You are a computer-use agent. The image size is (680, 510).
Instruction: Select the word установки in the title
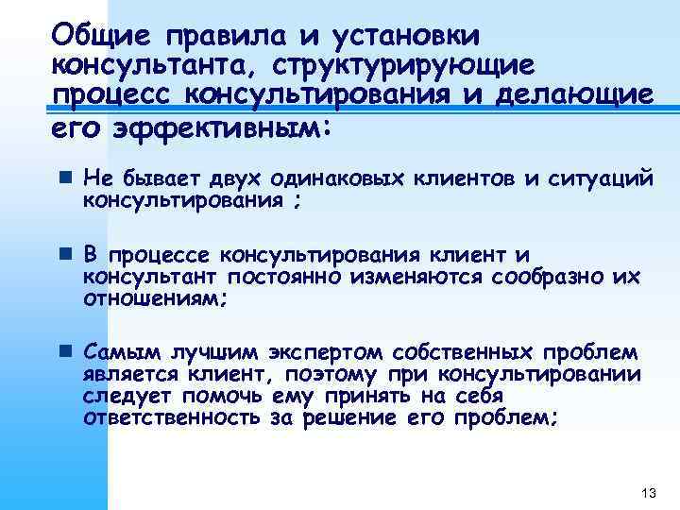(405, 36)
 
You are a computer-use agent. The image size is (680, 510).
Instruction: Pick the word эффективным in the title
(220, 127)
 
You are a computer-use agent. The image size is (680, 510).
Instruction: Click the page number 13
(647, 493)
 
